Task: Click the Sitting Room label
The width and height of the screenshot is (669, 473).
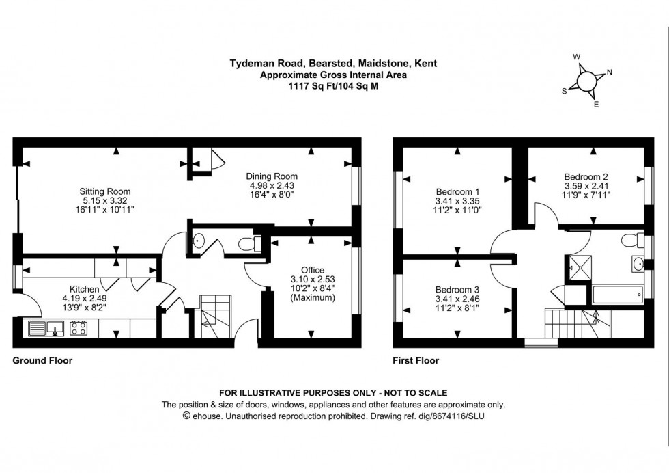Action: click(x=105, y=191)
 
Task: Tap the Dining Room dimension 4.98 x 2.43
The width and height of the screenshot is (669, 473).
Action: click(x=272, y=186)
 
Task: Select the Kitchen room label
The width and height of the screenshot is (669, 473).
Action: click(x=85, y=288)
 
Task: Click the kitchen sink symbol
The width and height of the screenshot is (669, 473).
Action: click(x=46, y=328)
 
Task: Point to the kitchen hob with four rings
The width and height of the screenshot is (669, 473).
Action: click(x=78, y=328)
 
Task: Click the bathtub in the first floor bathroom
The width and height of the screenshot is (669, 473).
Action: click(x=617, y=295)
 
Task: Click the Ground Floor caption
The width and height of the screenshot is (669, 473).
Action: click(x=42, y=360)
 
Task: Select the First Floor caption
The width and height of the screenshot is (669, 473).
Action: click(x=416, y=360)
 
